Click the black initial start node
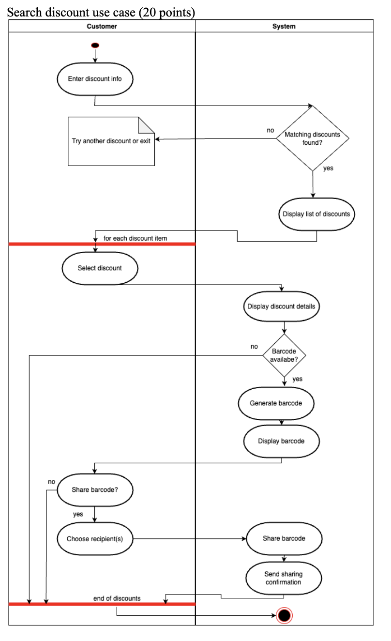tap(95, 46)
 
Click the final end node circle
tap(284, 615)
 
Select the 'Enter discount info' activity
tap(95, 79)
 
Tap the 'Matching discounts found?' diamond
tap(313, 138)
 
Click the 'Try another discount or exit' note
tap(111, 141)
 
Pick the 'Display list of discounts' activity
tap(316, 214)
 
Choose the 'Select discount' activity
tap(100, 268)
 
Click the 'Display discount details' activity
tap(281, 306)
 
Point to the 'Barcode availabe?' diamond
tap(284, 355)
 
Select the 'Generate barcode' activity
tap(276, 403)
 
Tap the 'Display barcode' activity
tap(281, 441)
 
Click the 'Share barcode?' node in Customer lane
tap(95, 489)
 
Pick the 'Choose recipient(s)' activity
tap(95, 539)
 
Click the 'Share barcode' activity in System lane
tap(284, 538)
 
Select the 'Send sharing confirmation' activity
tap(284, 578)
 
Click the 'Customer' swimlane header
tap(102, 26)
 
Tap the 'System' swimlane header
tap(284, 26)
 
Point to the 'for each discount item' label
tap(135, 238)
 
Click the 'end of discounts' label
tap(117, 598)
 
